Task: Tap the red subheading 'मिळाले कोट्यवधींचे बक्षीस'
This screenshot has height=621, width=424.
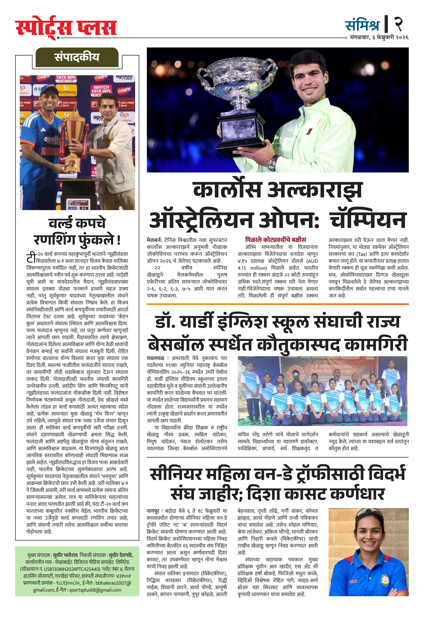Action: click(275, 240)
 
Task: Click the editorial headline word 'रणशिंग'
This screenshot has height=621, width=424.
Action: click(55, 240)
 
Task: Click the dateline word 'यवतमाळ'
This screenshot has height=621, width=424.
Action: click(155, 358)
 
